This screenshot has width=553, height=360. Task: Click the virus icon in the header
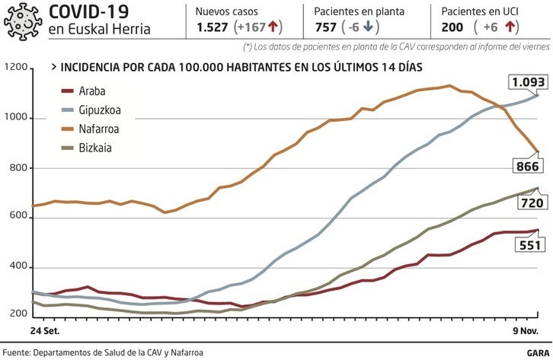(x=23, y=21)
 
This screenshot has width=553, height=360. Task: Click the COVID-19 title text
(x=88, y=11)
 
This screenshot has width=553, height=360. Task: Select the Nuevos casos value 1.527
(x=213, y=27)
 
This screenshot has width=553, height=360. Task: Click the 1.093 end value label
(x=527, y=81)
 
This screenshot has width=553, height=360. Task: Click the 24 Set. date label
(x=45, y=332)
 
